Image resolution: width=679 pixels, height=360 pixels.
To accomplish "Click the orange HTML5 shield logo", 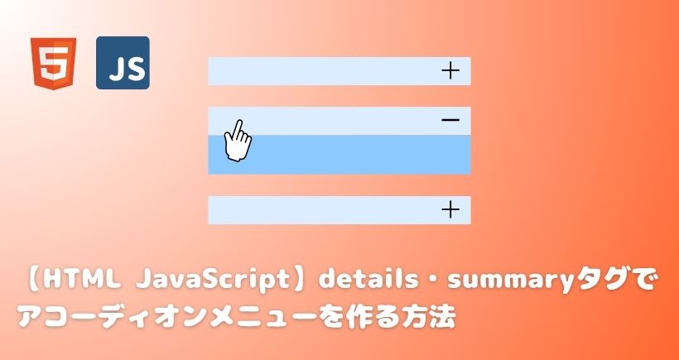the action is coord(53,64).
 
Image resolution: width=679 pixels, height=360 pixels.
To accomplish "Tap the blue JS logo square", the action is coord(123,63).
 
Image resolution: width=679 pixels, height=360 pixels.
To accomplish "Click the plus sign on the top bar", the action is coord(450,70).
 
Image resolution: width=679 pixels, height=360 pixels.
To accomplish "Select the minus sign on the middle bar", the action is coord(450,120).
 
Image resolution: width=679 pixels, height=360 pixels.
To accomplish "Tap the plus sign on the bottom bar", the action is coord(450,210).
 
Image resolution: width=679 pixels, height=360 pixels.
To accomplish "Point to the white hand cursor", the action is coord(238,141).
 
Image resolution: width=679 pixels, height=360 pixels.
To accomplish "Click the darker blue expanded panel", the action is coord(339,155).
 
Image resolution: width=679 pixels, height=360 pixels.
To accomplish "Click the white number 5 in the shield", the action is coord(53,63).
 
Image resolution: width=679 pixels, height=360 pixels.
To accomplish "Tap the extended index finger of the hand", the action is coord(237,128).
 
